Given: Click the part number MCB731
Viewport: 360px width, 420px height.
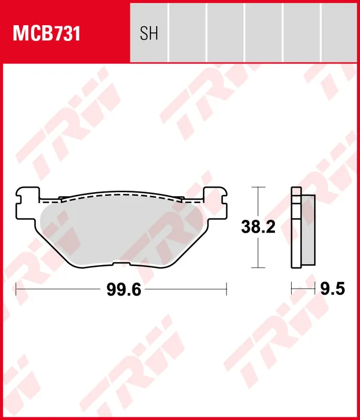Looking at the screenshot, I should click(x=46, y=34).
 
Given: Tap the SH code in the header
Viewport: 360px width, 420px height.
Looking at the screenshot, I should click(x=149, y=34).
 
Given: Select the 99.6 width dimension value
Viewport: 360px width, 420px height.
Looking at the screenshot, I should click(x=124, y=289).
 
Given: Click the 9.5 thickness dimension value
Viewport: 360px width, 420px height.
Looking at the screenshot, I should click(x=333, y=288).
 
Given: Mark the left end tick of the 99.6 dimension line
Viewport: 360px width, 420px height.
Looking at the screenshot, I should click(x=16, y=288).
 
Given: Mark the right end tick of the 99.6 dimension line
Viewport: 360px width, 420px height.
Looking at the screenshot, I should click(x=226, y=288).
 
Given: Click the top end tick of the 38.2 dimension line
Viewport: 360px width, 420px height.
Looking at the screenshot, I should click(x=257, y=187).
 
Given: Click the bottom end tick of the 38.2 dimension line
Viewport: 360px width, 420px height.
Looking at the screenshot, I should click(x=257, y=268).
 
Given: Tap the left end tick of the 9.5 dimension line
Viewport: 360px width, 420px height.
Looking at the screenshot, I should click(x=292, y=288).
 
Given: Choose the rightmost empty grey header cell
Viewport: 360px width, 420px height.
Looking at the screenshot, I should click(x=340, y=31).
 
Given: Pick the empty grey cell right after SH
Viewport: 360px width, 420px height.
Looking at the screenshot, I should click(x=187, y=31).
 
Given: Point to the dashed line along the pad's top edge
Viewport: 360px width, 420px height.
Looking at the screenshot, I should click(x=121, y=194).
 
